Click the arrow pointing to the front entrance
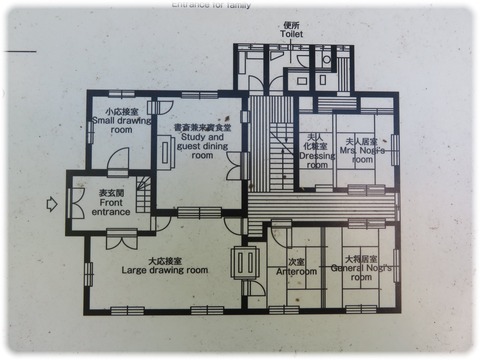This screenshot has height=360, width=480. (48, 206)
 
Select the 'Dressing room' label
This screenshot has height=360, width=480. (317, 158)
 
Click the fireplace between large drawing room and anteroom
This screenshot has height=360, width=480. (244, 263)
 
